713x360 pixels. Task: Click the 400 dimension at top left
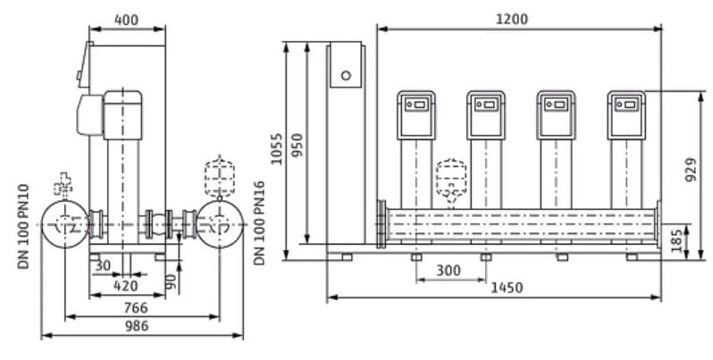127,20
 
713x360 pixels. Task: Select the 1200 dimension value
513,19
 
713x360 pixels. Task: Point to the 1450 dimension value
506,288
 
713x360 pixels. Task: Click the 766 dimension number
136,307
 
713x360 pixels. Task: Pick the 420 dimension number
126,287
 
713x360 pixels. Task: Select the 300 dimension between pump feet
449,270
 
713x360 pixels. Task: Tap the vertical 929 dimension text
691,166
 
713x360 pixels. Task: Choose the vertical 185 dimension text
676,240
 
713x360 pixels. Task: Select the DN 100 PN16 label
260,222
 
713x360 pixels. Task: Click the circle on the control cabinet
346,76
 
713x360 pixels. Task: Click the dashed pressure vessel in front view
451,181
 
